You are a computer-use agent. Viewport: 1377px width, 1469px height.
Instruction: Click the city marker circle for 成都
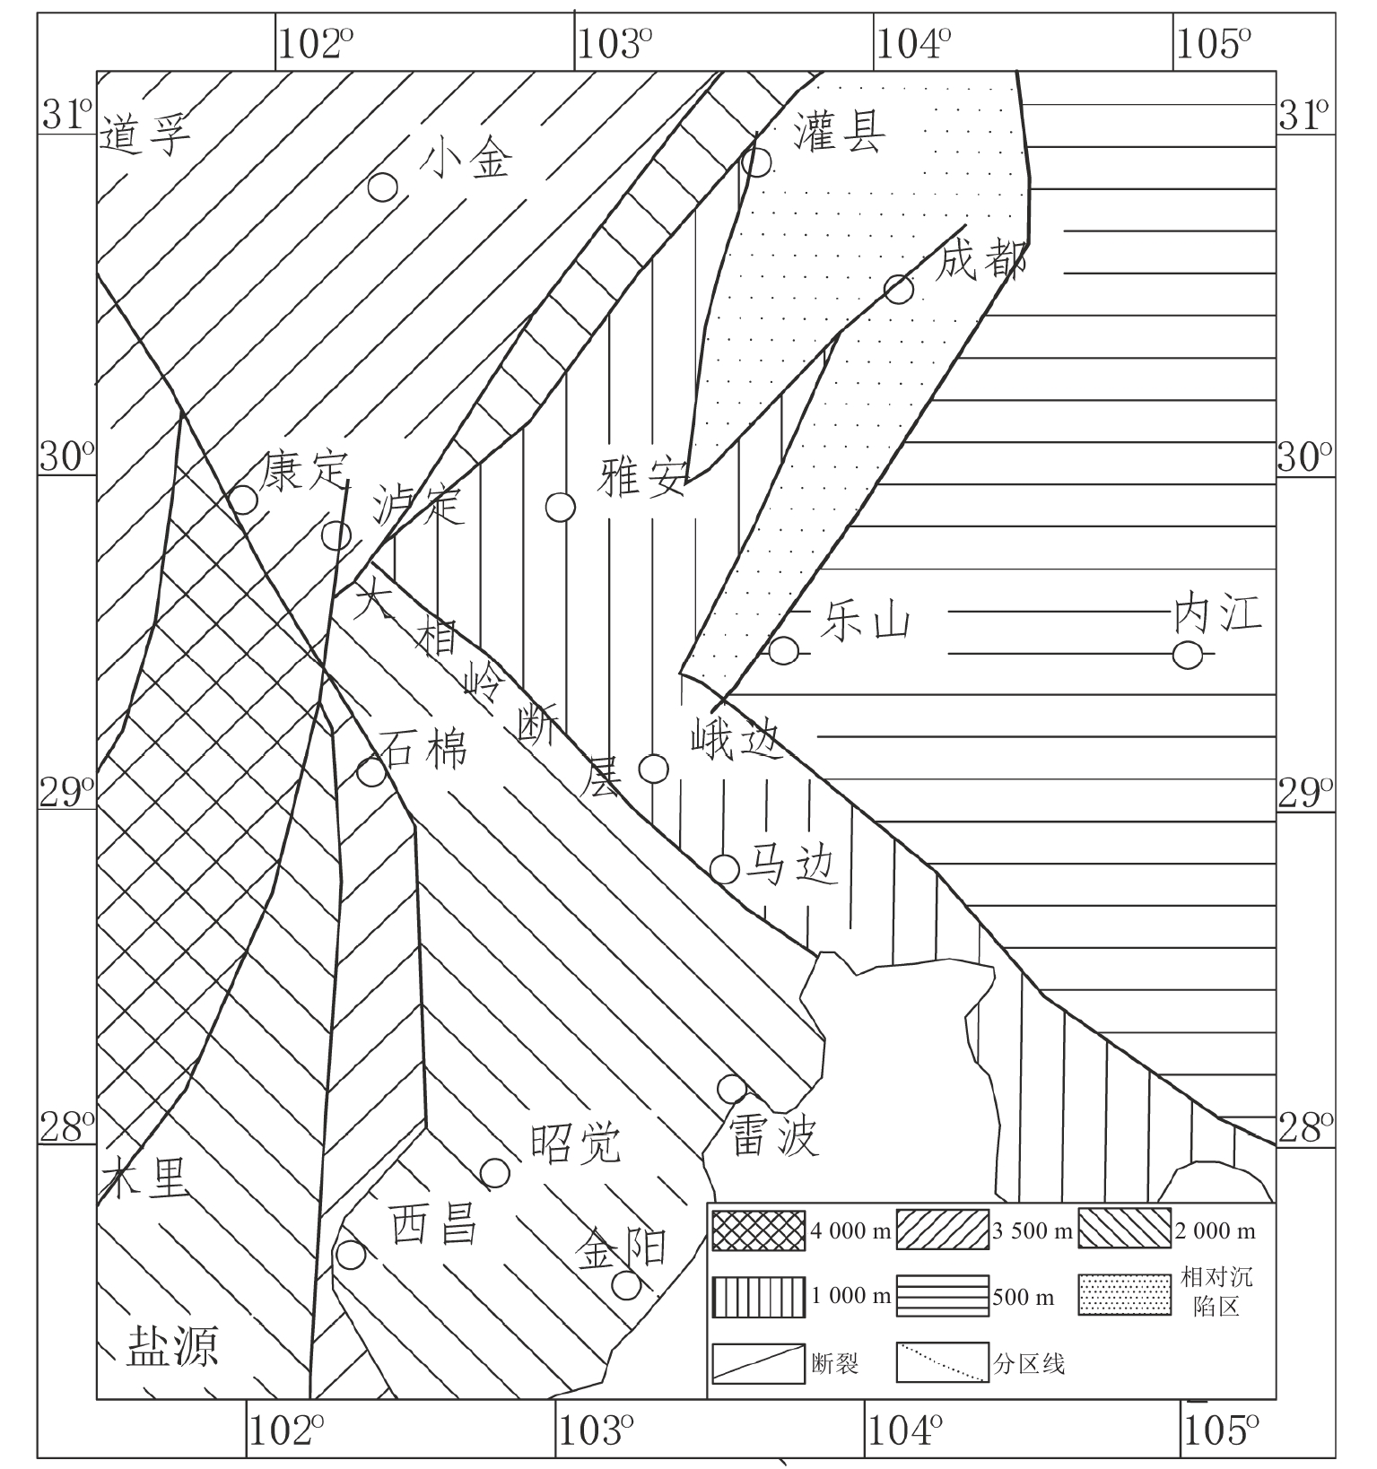(x=899, y=289)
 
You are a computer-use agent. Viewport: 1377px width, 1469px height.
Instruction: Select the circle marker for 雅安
(x=560, y=507)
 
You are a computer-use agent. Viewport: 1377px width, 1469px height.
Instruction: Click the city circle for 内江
(x=1188, y=656)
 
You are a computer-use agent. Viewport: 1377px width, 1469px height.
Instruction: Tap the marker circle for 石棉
(x=371, y=771)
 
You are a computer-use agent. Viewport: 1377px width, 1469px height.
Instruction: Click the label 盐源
(x=172, y=1346)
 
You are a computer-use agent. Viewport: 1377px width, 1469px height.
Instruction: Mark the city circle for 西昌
(x=350, y=1255)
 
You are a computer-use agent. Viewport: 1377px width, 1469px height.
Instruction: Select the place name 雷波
(x=773, y=1138)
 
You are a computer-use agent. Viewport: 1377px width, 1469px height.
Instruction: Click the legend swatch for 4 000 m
(x=759, y=1230)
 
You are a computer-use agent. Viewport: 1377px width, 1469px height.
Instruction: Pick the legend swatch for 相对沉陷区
(x=1125, y=1295)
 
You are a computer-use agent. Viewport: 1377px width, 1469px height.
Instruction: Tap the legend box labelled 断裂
(x=759, y=1363)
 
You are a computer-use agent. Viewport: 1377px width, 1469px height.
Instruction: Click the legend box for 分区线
(x=943, y=1363)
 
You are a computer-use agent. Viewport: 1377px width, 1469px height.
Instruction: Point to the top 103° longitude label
(x=613, y=42)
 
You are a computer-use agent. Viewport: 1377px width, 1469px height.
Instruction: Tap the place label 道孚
(x=145, y=136)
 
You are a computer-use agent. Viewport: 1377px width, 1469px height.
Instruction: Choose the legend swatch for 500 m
(x=943, y=1296)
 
